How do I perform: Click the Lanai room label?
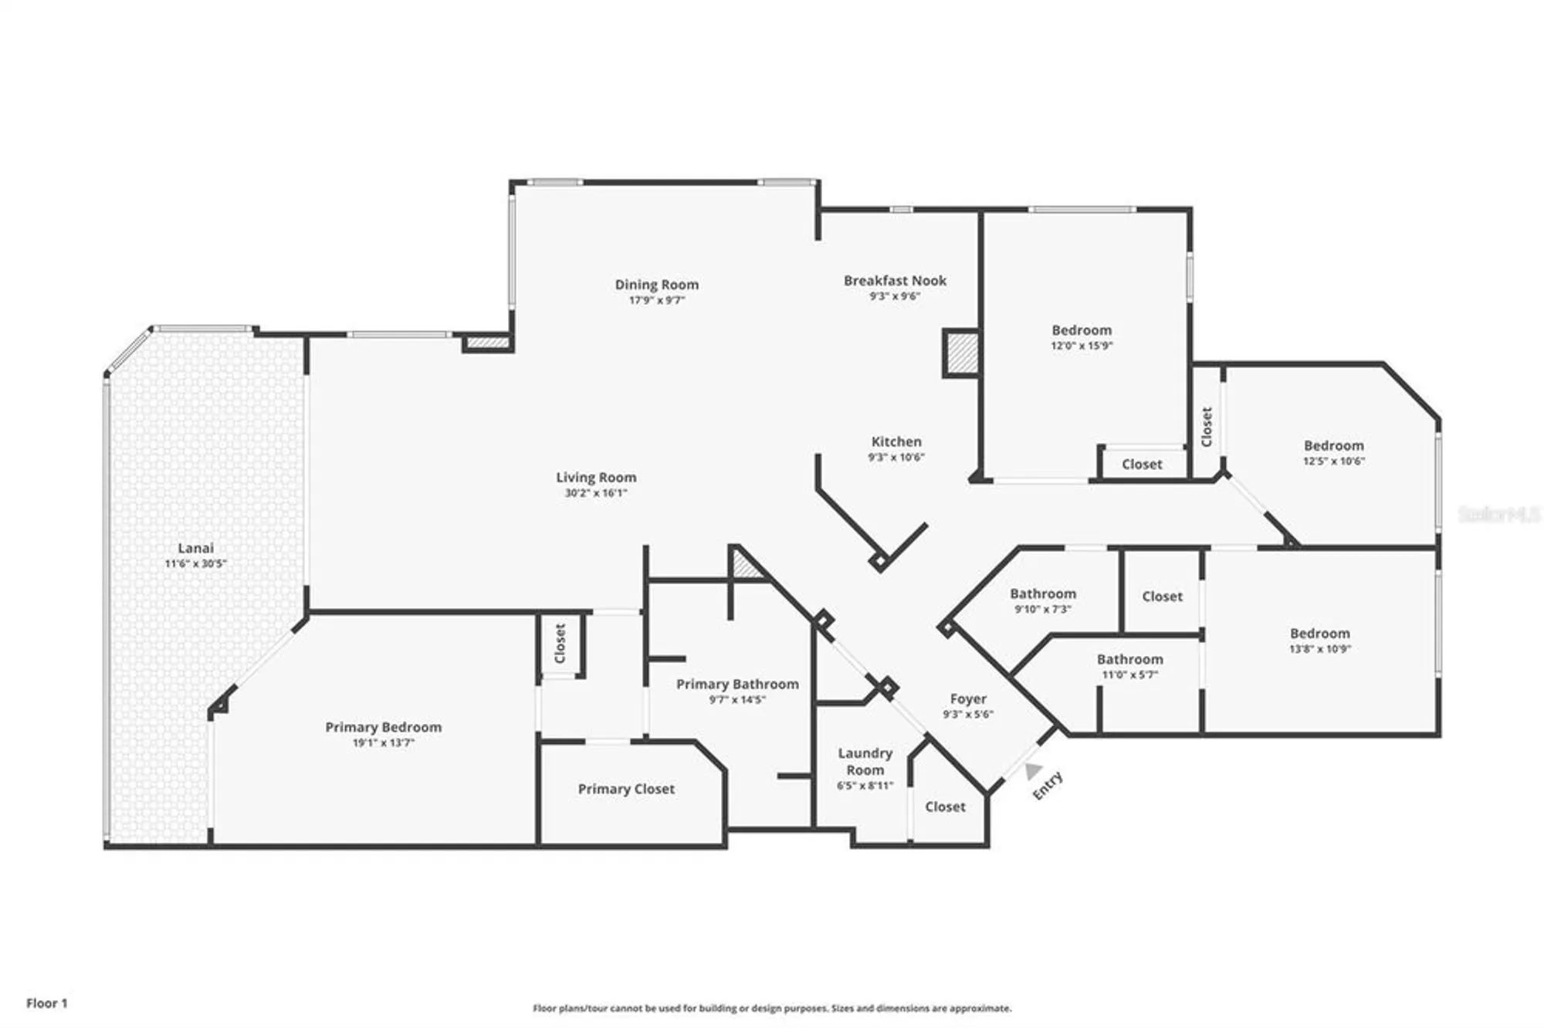(x=195, y=548)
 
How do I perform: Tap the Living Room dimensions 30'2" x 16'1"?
(x=596, y=493)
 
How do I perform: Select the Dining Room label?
(x=656, y=285)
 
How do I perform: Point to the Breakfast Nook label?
(x=895, y=281)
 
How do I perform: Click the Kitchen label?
(x=896, y=441)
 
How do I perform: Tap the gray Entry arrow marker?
(x=1033, y=771)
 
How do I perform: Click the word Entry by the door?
(x=1048, y=786)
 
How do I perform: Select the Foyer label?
(x=968, y=698)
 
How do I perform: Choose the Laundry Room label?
(x=865, y=761)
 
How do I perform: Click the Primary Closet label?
(x=626, y=789)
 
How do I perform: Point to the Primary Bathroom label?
(x=737, y=684)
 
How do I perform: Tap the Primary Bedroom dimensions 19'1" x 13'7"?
(x=384, y=743)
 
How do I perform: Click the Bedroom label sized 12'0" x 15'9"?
(x=1082, y=330)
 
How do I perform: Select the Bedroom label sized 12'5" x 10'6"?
(x=1333, y=445)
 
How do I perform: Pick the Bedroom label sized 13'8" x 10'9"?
(x=1319, y=633)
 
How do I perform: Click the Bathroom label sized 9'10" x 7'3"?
(x=1043, y=593)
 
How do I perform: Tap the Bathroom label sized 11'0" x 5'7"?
(x=1129, y=659)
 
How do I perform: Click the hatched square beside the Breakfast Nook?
(x=962, y=353)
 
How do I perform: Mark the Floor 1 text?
(x=47, y=1003)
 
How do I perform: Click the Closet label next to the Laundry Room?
(x=945, y=807)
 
